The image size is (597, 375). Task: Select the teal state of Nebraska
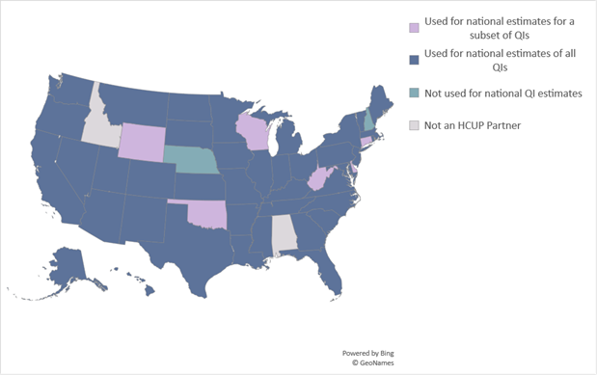pyautogui.click(x=190, y=157)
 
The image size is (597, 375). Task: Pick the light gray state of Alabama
pyautogui.click(x=284, y=235)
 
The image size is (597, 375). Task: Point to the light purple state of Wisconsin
pyautogui.click(x=252, y=128)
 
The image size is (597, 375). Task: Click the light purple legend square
pyautogui.click(x=415, y=27)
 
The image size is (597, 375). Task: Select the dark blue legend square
pyautogui.click(x=415, y=60)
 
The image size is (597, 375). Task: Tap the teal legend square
pyautogui.click(x=415, y=93)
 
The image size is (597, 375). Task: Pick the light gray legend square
pyautogui.click(x=415, y=125)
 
